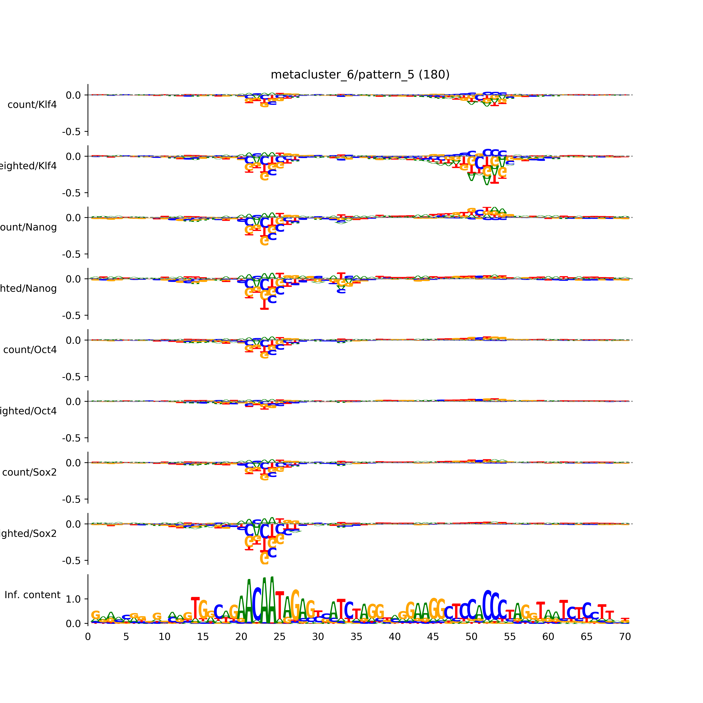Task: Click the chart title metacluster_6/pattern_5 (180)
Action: [360, 75]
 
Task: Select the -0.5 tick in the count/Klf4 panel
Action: [71, 132]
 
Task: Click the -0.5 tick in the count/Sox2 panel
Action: [71, 500]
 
